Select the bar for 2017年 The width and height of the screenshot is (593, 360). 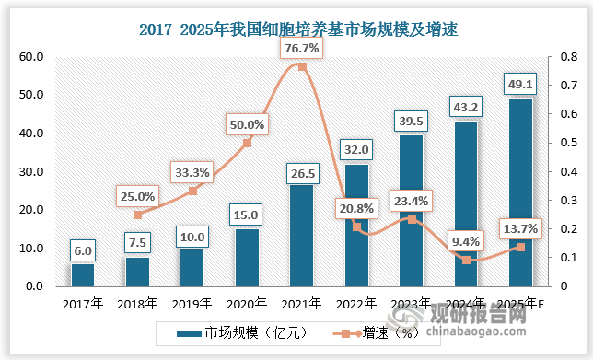pos(83,274)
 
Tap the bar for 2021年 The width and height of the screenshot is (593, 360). pos(302,236)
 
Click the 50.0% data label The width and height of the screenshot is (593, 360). pos(247,123)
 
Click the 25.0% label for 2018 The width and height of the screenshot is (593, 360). pos(137,195)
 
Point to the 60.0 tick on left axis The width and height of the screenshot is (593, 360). pos(31,56)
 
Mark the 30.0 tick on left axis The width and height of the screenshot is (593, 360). pos(31,171)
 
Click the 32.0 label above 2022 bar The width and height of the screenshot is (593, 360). pos(356,148)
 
